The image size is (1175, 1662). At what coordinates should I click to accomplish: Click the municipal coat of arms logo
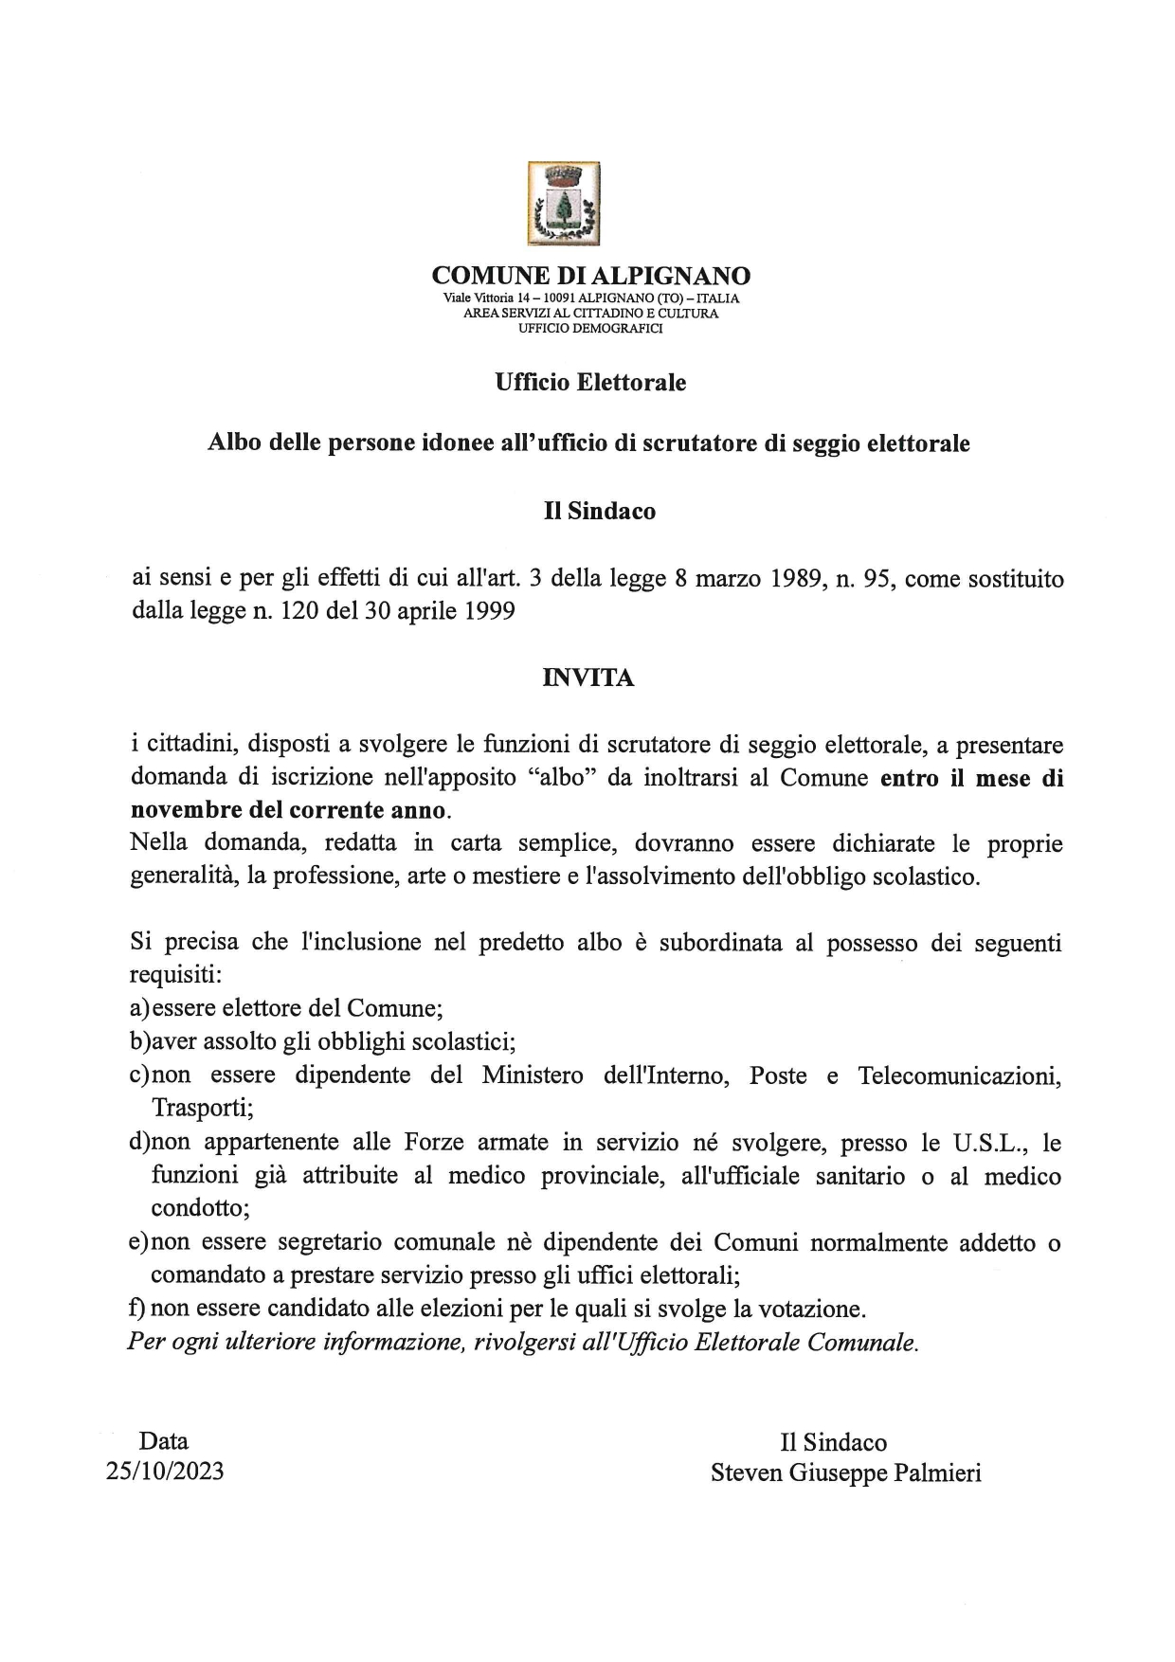point(563,204)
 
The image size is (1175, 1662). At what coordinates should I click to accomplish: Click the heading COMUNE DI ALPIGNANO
point(590,276)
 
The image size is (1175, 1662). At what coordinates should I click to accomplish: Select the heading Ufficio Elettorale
point(590,383)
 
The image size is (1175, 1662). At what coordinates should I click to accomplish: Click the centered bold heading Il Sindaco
point(599,511)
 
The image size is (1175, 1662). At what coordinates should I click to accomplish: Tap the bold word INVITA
point(587,678)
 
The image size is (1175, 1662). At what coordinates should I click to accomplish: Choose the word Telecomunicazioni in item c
point(959,1075)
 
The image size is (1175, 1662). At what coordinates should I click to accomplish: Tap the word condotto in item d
point(199,1209)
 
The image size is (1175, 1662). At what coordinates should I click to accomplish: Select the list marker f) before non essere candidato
point(136,1309)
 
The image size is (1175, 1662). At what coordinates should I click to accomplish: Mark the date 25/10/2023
point(165,1472)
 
